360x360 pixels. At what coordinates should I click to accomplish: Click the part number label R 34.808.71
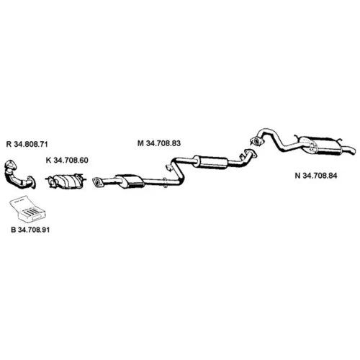pyautogui.click(x=27, y=144)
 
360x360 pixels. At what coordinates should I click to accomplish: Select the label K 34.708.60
pyautogui.click(x=67, y=160)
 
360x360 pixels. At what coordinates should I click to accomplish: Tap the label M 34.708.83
pyautogui.click(x=159, y=143)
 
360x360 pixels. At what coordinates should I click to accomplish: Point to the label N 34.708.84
pyautogui.click(x=316, y=176)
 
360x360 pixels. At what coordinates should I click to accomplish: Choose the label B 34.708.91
pyautogui.click(x=30, y=230)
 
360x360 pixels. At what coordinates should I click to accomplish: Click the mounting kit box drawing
pyautogui.click(x=27, y=208)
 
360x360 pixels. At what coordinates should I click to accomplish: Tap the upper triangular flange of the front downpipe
pyautogui.click(x=10, y=165)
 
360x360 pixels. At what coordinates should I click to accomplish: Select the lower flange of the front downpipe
pyautogui.click(x=32, y=182)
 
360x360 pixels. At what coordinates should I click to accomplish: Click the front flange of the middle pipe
pyautogui.click(x=97, y=182)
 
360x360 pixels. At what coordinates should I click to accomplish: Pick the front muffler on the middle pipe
pyautogui.click(x=130, y=181)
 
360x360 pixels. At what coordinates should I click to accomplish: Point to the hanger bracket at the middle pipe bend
pyautogui.click(x=169, y=167)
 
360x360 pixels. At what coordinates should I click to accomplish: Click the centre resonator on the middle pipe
pyautogui.click(x=210, y=162)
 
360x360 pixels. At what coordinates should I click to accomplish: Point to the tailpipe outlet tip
pyautogui.click(x=352, y=151)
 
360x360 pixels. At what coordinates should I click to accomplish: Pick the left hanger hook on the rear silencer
pyautogui.click(x=297, y=138)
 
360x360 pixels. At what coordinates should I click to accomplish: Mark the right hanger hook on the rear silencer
pyautogui.click(x=339, y=140)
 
